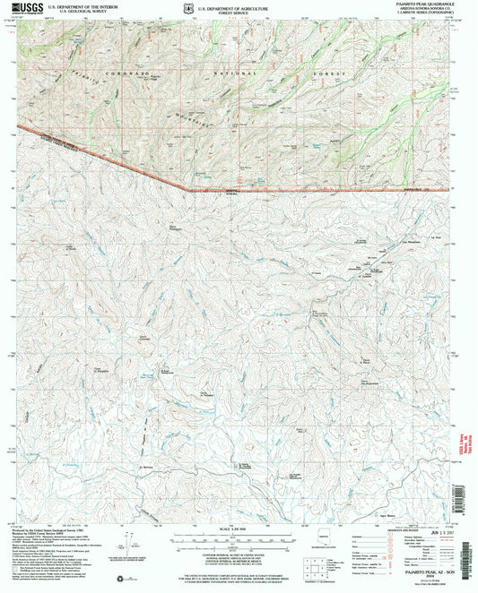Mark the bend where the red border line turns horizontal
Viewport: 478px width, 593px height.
tap(187, 189)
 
